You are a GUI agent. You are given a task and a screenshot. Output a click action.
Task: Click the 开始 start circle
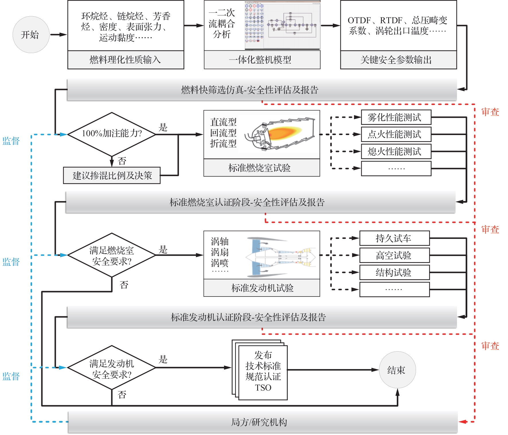click(31, 35)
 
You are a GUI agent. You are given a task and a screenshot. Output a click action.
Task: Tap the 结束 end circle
click(397, 370)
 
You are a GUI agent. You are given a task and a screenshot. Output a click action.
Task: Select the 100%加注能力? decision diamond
click(112, 134)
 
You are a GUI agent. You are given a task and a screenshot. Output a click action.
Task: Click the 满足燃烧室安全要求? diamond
click(112, 255)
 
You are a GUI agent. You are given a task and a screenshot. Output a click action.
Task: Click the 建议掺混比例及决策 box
click(112, 175)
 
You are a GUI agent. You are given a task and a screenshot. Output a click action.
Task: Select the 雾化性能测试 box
click(396, 117)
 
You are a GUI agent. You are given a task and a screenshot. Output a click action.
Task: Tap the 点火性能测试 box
click(396, 134)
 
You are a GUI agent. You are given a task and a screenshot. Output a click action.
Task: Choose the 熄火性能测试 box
click(396, 151)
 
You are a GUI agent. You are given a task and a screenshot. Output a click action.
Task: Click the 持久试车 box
click(394, 238)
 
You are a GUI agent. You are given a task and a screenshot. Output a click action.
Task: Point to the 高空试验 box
click(394, 255)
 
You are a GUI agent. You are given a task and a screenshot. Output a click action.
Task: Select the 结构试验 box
click(394, 272)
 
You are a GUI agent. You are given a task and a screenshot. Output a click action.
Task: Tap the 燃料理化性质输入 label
click(126, 60)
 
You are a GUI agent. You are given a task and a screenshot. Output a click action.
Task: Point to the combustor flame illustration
click(280, 134)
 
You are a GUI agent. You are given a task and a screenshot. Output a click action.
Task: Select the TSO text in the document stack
click(263, 388)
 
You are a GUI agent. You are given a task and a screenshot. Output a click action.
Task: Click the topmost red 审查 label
click(490, 112)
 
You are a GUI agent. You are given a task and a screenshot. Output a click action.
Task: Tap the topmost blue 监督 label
click(11, 141)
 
